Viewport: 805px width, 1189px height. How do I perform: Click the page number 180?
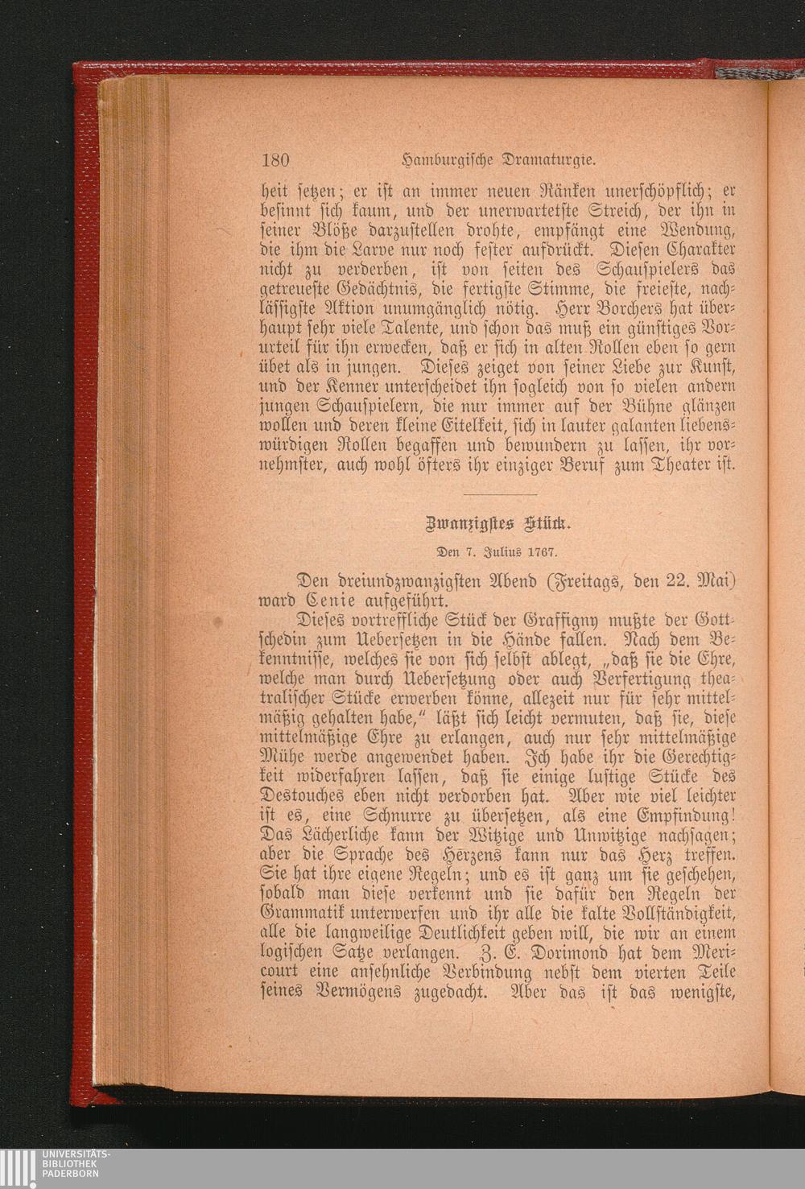click(x=275, y=159)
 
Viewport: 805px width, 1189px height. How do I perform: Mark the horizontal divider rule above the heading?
click(x=500, y=494)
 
